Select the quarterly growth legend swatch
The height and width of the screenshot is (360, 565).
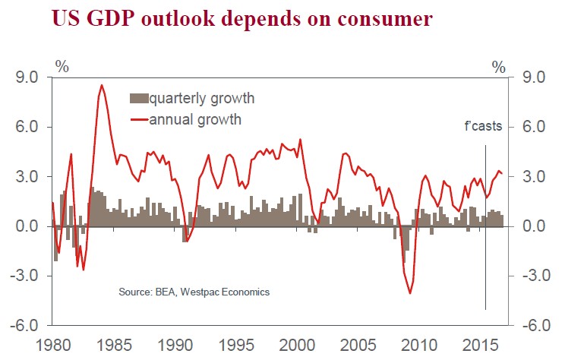point(140,99)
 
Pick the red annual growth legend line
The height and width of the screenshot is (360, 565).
point(140,119)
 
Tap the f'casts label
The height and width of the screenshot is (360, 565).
point(483,126)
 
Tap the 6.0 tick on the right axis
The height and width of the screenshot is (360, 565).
point(535,127)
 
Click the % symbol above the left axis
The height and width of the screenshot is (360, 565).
point(62,66)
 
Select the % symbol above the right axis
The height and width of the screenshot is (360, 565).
point(498,66)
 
